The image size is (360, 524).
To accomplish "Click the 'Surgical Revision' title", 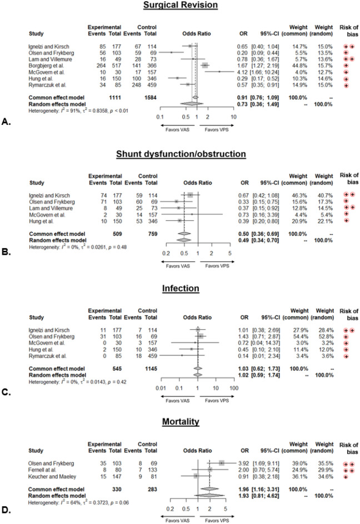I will (x=179, y=7).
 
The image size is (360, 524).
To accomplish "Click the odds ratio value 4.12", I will (x=249, y=71).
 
